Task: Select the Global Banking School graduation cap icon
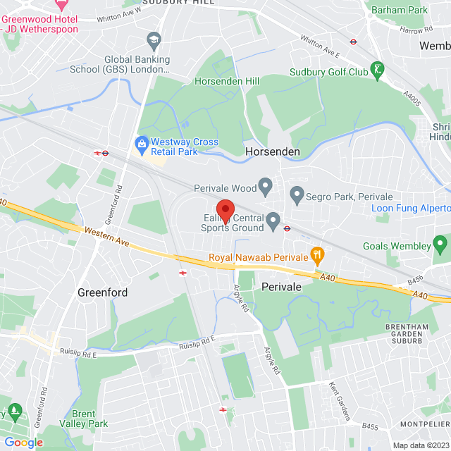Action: coord(153,39)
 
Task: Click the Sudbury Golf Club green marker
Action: coord(379,70)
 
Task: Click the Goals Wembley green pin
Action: coord(441,245)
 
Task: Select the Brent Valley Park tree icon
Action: coord(16,411)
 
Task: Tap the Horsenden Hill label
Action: coord(223,81)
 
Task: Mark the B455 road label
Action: coord(371,426)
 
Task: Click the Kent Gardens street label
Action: coord(340,402)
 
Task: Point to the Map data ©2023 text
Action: coord(421,445)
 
